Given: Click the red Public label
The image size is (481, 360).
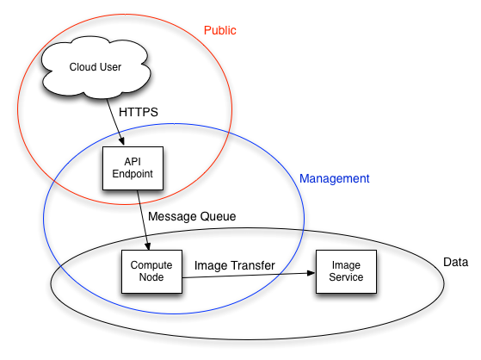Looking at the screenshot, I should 219,30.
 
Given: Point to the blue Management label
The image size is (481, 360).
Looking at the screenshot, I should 334,179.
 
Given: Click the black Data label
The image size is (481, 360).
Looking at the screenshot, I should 454,262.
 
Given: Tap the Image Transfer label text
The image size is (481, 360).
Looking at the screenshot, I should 234,266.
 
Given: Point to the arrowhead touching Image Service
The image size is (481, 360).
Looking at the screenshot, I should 311,273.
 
